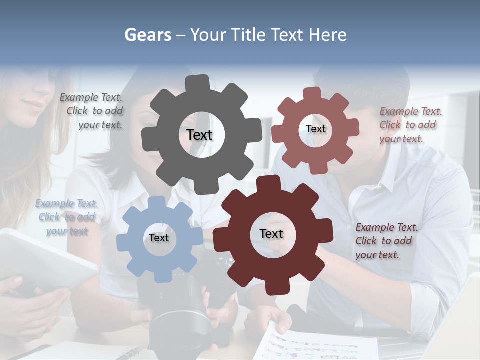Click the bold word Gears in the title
[x=147, y=35]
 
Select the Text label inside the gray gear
[x=199, y=135]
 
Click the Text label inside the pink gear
[x=315, y=129]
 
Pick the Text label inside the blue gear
[x=158, y=238]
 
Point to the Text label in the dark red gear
[x=271, y=233]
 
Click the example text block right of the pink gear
[x=410, y=125]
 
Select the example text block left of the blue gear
[x=67, y=217]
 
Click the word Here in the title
[x=328, y=35]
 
